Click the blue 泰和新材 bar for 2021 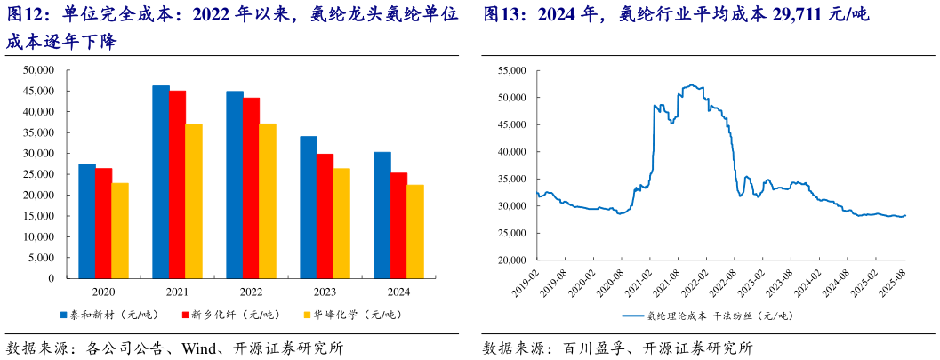[x=161, y=181]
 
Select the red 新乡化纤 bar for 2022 [x=251, y=188]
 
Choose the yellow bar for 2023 [x=341, y=222]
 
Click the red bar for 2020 [x=104, y=222]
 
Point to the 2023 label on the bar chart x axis [x=325, y=292]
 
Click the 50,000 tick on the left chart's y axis [x=39, y=70]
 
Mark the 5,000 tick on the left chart [x=42, y=257]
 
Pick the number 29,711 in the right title [x=775, y=15]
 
